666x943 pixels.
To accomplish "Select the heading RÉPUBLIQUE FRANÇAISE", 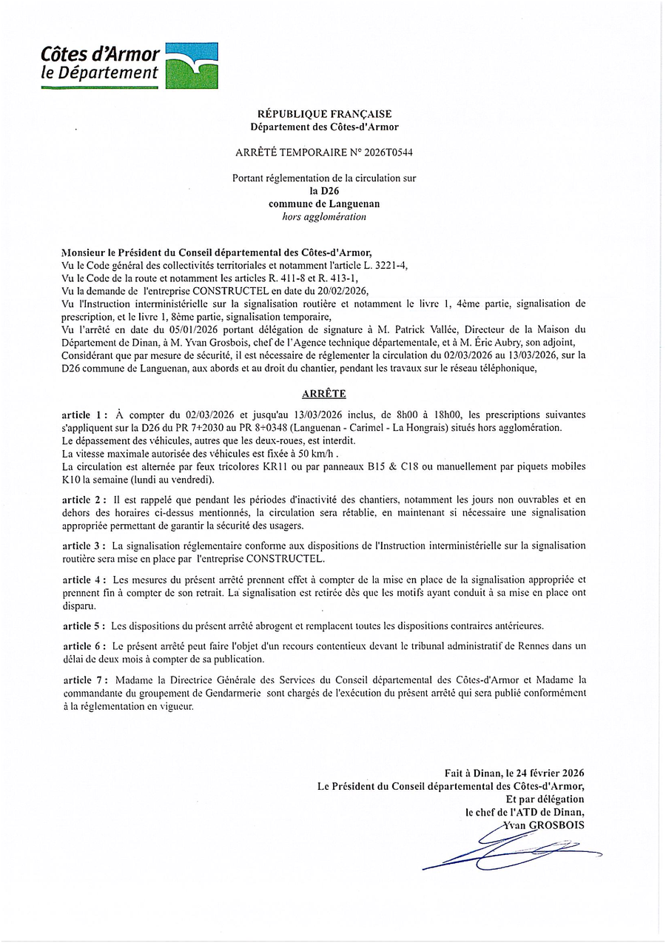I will pyautogui.click(x=324, y=114).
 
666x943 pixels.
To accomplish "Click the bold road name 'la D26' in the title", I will pyautogui.click(x=324, y=191).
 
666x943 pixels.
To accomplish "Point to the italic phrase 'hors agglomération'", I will pyautogui.click(x=324, y=217).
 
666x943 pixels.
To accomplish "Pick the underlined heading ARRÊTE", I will pyautogui.click(x=324, y=394).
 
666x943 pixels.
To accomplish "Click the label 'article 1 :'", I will pyautogui.click(x=85, y=415).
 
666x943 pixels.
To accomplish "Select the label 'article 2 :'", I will pyautogui.click(x=85, y=500).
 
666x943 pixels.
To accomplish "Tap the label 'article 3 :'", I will pyautogui.click(x=85, y=546).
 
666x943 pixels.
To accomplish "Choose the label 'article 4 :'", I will pyautogui.click(x=85, y=580).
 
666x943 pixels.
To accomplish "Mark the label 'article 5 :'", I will pyautogui.click(x=85, y=625).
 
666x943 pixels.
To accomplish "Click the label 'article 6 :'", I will pyautogui.click(x=85, y=646).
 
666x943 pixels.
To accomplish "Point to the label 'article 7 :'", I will pyautogui.click(x=85, y=679).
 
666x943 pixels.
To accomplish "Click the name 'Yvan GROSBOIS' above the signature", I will pyautogui.click(x=543, y=825).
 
